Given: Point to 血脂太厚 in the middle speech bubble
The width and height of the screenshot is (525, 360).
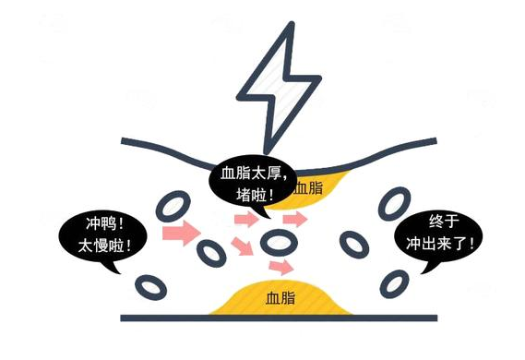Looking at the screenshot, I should pyautogui.click(x=255, y=173).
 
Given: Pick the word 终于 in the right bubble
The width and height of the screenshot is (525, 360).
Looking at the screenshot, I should pyautogui.click(x=444, y=222).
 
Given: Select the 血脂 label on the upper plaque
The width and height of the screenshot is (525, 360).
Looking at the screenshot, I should pyautogui.click(x=308, y=188).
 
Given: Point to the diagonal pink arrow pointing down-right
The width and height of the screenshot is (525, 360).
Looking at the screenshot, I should pyautogui.click(x=242, y=246).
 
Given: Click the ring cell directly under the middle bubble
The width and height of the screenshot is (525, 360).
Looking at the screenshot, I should pyautogui.click(x=278, y=243).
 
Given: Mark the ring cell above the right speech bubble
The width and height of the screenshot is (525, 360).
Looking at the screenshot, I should pyautogui.click(x=398, y=200).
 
